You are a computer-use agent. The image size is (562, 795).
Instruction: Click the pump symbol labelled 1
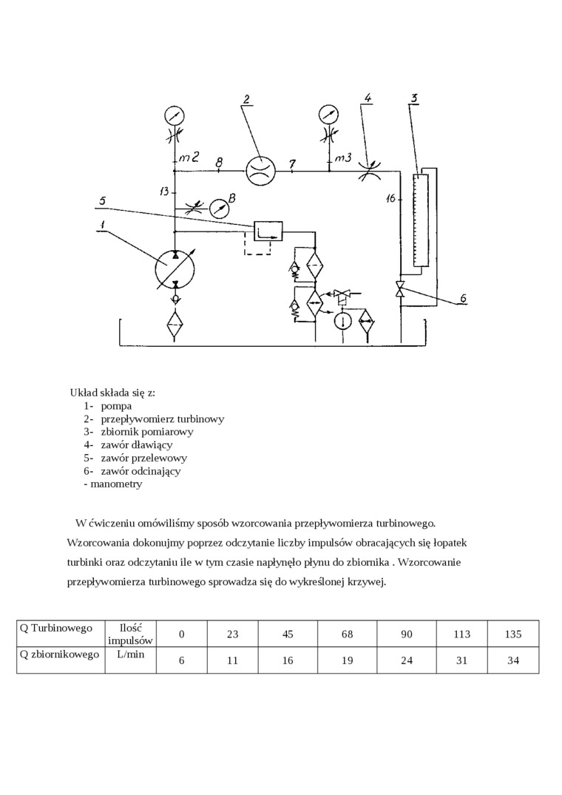175,268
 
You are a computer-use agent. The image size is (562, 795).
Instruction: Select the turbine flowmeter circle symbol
260,169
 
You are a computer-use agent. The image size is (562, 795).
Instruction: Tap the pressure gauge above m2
175,115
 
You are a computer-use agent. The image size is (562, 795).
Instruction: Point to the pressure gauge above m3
328,115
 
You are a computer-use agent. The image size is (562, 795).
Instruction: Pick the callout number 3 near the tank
415,98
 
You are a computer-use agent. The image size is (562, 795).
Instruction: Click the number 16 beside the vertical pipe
392,198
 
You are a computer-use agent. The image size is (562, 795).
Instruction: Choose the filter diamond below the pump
175,324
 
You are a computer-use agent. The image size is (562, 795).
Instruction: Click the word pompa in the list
117,406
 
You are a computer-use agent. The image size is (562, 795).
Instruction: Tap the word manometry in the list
116,484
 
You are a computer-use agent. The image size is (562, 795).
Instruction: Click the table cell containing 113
461,634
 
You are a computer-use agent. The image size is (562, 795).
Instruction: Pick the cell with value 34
513,660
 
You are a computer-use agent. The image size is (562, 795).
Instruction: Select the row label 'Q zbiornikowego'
59,654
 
